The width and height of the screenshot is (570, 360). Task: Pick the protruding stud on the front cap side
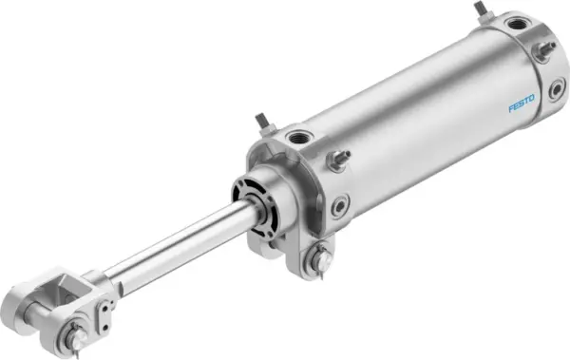(343, 157)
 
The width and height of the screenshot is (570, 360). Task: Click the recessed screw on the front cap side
(339, 202)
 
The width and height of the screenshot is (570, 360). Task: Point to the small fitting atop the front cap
(261, 123)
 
